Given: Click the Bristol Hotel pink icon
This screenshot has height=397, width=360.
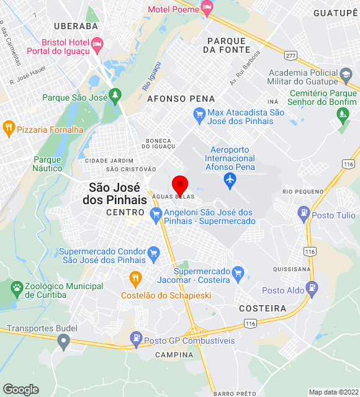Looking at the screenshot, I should coord(97,44).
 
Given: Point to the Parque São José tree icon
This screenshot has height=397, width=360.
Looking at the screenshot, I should coord(115,96).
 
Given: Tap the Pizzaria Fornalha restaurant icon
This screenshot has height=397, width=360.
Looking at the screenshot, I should coord(9,129).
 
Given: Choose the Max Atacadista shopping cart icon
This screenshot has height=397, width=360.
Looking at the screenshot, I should coord(199,114).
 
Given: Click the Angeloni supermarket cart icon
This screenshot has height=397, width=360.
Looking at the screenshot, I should coord(155,215).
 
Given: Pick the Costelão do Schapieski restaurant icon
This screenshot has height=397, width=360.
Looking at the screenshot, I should coord(135,277).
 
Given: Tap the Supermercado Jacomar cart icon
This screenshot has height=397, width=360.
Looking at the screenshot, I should coord(237,272).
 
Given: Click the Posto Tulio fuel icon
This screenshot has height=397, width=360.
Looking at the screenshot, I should coord(303,214).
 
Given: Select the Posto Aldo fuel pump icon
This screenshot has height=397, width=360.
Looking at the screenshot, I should coord(312,287).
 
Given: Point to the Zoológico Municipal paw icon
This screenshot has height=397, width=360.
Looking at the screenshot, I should coord(16,288).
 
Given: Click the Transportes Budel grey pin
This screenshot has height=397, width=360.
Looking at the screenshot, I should coord(63,341).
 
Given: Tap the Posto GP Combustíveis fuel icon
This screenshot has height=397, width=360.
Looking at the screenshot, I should coord(136,338).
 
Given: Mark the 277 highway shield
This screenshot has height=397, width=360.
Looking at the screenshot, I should coord(290,56).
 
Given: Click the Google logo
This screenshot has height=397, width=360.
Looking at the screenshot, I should coord(20,390).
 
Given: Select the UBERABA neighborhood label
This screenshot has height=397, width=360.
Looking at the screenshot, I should coord(76,26).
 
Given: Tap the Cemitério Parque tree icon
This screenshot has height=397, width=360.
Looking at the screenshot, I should coord(342,114).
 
